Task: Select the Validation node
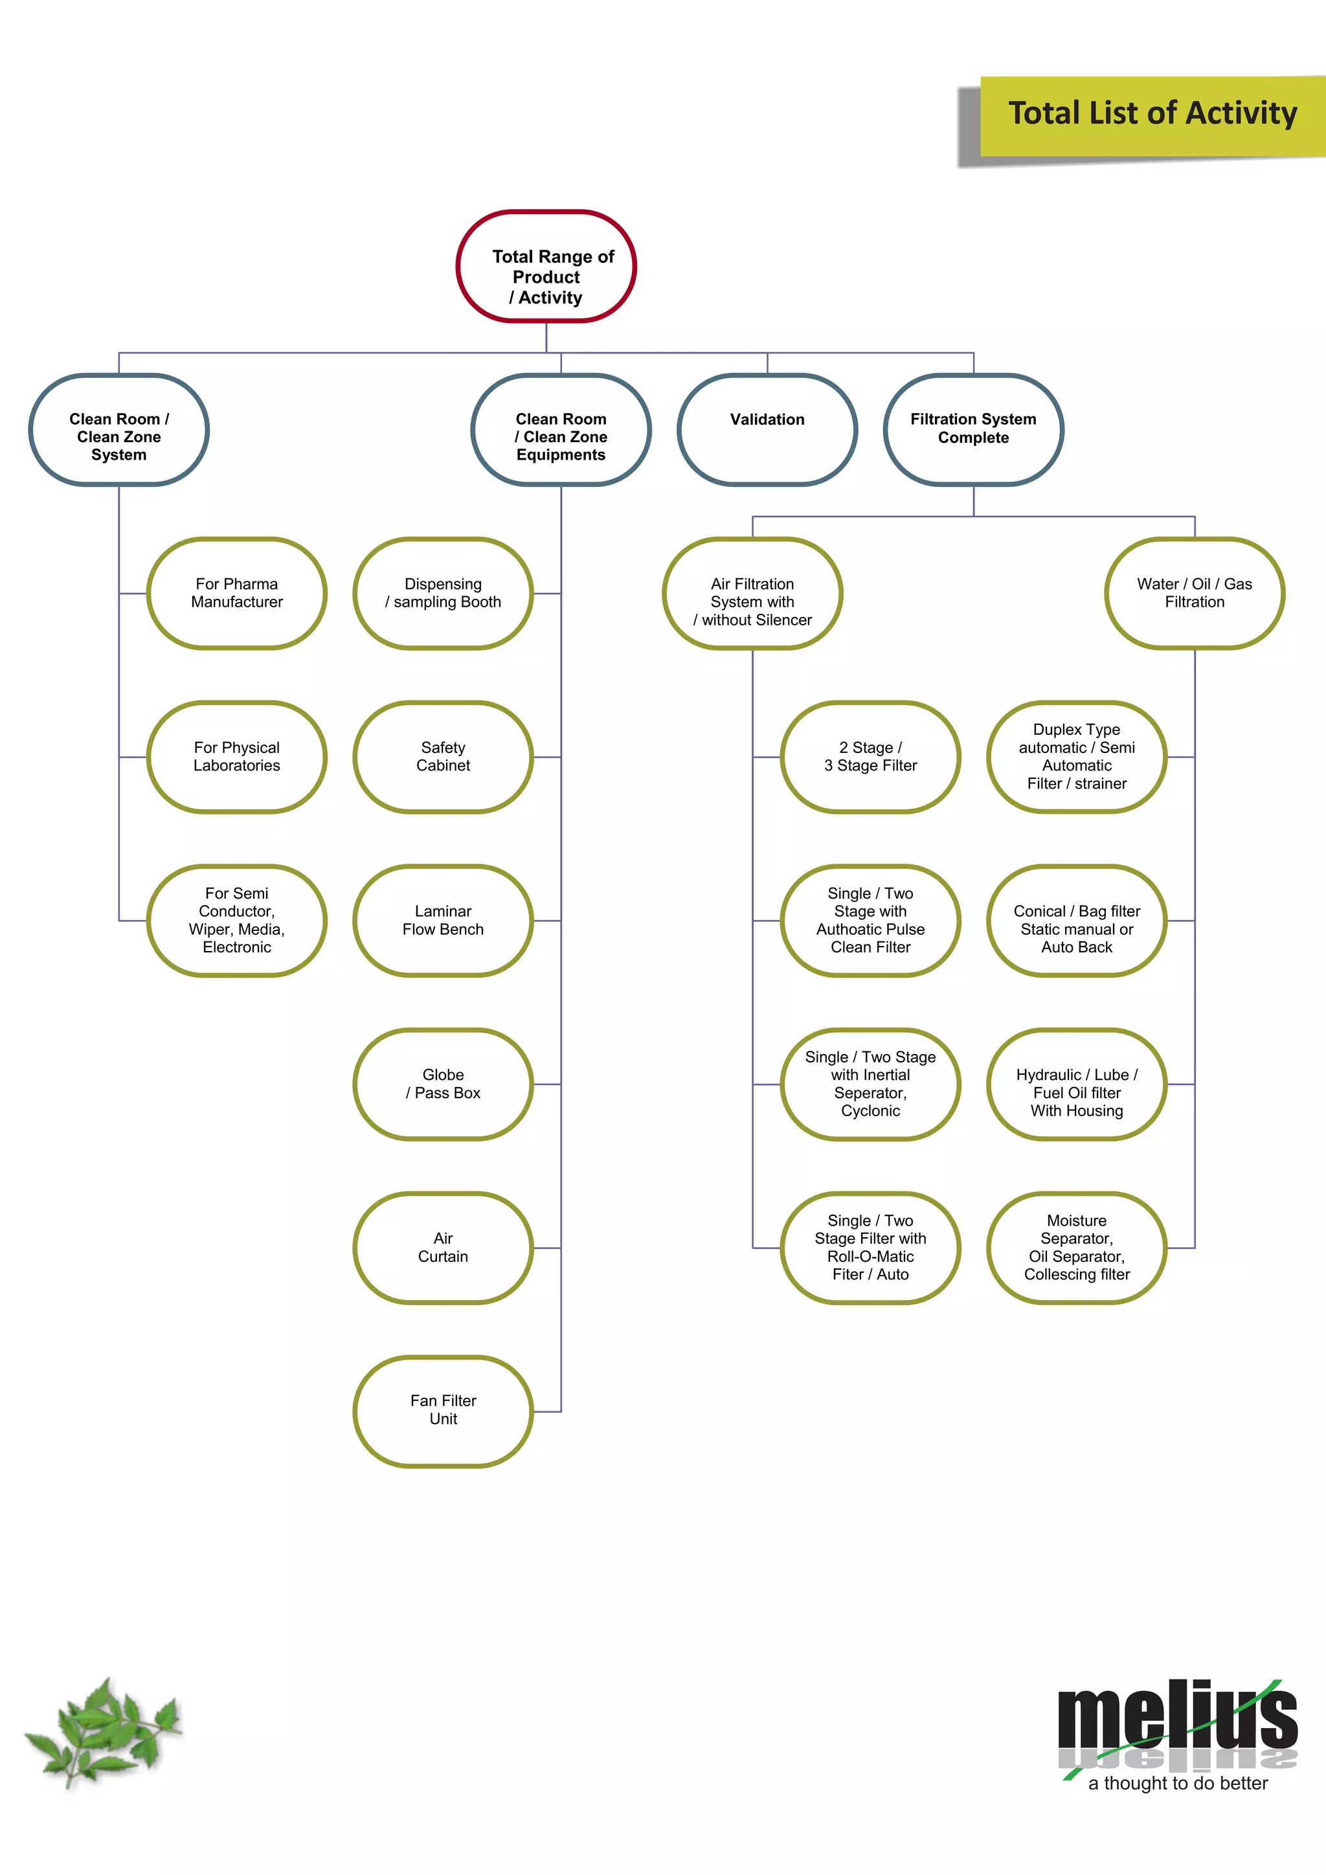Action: [767, 429]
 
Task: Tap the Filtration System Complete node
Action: [973, 429]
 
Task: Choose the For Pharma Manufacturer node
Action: [237, 594]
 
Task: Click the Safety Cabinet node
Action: [444, 757]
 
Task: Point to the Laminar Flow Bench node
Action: [444, 921]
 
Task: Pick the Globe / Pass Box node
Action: [444, 1084]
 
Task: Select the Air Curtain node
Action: [444, 1248]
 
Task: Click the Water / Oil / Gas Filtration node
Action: [1195, 594]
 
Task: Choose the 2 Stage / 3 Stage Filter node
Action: [870, 757]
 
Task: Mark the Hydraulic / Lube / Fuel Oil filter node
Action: [1077, 1084]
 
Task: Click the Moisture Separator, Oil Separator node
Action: [1077, 1248]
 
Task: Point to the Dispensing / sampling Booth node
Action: [444, 594]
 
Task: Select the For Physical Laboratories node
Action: [237, 757]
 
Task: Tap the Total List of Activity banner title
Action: [1152, 113]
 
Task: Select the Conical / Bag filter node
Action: [1077, 921]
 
